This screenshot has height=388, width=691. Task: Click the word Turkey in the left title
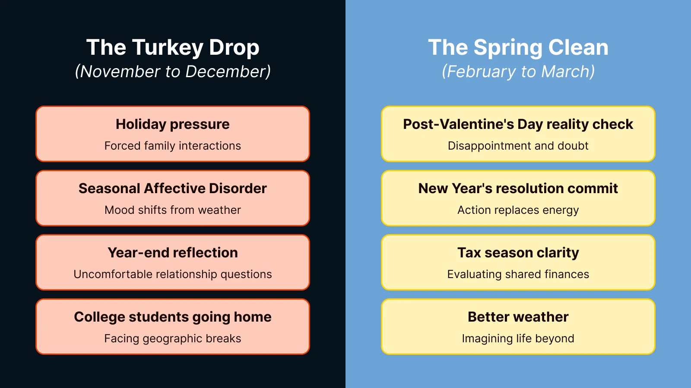(x=168, y=48)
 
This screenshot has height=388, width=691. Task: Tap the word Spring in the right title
(x=508, y=48)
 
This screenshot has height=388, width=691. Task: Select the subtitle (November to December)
(x=173, y=72)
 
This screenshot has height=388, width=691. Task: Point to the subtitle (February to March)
(x=518, y=72)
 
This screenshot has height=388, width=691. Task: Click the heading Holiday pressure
(x=173, y=125)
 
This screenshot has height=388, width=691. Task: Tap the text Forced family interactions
(x=173, y=146)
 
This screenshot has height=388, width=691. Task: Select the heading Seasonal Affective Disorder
(x=173, y=188)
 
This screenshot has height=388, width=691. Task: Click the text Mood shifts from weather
(x=173, y=210)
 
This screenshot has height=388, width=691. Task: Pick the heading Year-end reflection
(x=173, y=253)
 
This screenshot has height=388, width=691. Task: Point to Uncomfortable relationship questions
(x=173, y=274)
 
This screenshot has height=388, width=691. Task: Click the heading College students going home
(x=173, y=317)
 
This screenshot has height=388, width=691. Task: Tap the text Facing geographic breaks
(x=173, y=339)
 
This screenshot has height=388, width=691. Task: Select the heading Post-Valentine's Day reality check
(x=518, y=125)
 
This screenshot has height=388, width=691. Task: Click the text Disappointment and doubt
(x=518, y=146)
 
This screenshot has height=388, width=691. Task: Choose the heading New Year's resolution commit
(x=518, y=188)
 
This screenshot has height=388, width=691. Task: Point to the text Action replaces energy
(x=518, y=210)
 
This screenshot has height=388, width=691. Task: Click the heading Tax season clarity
(x=518, y=253)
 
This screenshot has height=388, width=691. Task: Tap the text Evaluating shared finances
(x=518, y=274)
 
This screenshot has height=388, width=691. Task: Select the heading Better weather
(x=518, y=317)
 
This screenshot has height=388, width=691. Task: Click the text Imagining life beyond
(x=518, y=339)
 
